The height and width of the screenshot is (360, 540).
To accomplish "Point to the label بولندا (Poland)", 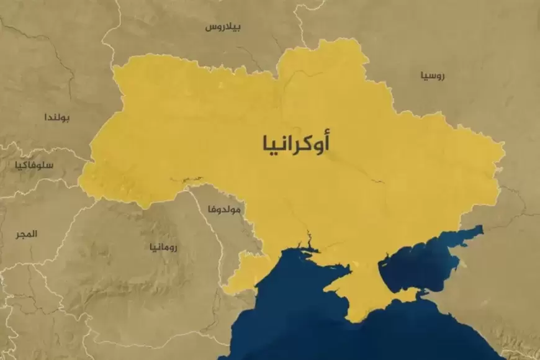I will [57, 117].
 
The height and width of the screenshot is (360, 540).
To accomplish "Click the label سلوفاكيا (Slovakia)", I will [36, 165].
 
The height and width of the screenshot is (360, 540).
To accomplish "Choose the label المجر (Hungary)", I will [27, 234].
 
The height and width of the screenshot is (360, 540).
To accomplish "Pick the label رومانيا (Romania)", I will [163, 247].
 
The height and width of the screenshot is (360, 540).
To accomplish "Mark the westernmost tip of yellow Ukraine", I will [79, 179].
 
